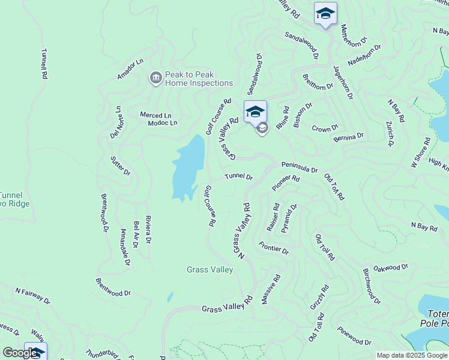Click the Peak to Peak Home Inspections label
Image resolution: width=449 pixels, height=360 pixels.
click(x=199, y=79)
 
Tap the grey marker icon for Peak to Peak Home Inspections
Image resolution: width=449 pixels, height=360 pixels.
click(x=155, y=78)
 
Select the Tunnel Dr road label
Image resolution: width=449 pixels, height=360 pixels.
click(x=238, y=177)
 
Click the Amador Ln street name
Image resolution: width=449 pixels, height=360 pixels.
click(x=131, y=70)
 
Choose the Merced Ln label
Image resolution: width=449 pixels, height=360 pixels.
click(x=155, y=115)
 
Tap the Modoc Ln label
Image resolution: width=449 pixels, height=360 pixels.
click(x=163, y=123)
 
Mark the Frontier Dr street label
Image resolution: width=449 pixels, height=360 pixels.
click(x=274, y=247)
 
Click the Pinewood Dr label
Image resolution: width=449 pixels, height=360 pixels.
click(x=354, y=336)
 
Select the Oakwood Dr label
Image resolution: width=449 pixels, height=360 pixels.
click(x=390, y=268)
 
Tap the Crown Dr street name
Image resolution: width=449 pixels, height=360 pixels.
click(x=325, y=128)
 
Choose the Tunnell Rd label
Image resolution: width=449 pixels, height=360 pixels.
click(x=44, y=64)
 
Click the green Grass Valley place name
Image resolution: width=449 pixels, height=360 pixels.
click(x=209, y=270)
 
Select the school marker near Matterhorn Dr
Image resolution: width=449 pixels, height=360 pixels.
click(x=325, y=14)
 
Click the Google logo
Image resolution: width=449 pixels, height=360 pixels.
click(x=20, y=353)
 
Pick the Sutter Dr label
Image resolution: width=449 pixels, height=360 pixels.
click(x=121, y=166)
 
